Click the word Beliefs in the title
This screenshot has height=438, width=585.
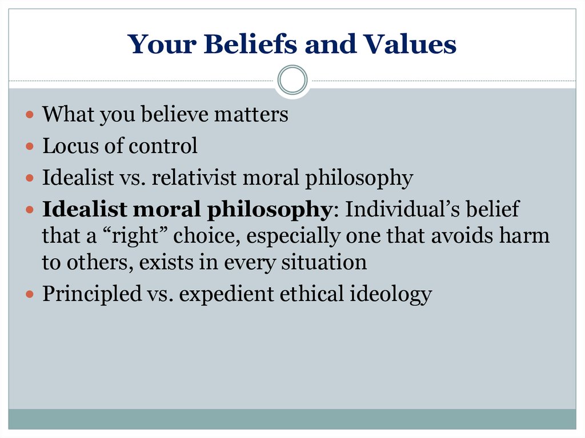tap(251, 44)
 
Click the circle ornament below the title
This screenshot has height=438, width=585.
tap(292, 80)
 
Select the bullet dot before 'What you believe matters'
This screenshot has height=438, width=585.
tap(30, 114)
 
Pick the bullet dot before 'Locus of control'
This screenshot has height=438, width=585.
tap(30, 146)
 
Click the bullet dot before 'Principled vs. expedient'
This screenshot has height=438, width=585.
tap(30, 294)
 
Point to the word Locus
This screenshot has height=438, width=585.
tap(70, 146)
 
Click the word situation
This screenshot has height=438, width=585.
tap(324, 262)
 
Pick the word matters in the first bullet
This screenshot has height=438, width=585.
tap(251, 114)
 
